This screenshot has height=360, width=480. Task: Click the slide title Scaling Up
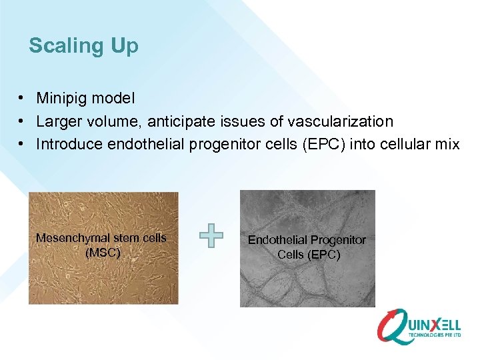[x=83, y=46]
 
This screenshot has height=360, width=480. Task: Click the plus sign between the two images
[x=211, y=236]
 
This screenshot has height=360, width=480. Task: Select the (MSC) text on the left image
[x=103, y=253]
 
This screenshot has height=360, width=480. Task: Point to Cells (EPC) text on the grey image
[x=308, y=255]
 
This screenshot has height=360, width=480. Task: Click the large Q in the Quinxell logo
[x=393, y=327]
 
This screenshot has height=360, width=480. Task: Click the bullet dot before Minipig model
[x=23, y=99]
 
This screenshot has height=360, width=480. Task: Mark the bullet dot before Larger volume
[x=23, y=121]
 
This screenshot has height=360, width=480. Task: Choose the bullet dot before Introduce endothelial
[x=23, y=144]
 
